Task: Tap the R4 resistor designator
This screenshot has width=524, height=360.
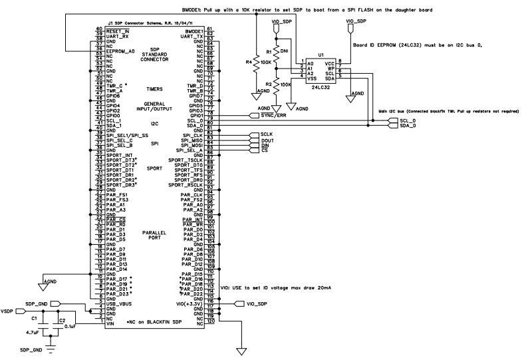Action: pyautogui.click(x=249, y=62)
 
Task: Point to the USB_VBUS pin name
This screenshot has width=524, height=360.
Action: pyautogui.click(x=119, y=304)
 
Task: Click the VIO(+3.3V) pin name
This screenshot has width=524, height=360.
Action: pyautogui.click(x=189, y=304)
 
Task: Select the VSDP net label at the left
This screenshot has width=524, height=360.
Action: pyautogui.click(x=8, y=311)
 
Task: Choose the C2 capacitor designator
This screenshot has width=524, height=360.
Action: pyautogui.click(x=61, y=321)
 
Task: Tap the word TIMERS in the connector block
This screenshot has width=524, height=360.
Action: pyautogui.click(x=154, y=89)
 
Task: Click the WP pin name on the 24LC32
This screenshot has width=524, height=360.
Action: pyautogui.click(x=330, y=67)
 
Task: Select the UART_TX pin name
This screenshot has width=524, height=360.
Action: pyautogui.click(x=193, y=36)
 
